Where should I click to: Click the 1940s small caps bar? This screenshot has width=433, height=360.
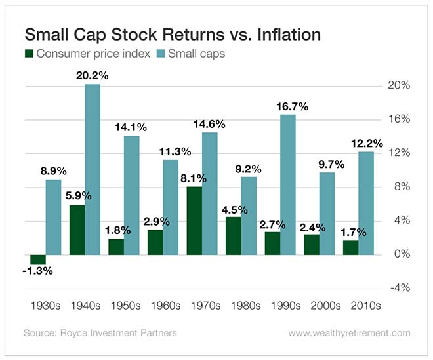pos(93,169)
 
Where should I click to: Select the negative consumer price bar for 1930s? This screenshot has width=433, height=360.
pos(37,259)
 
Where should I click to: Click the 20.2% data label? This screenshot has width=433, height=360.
pos(92,76)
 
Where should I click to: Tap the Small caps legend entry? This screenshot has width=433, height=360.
pos(194,53)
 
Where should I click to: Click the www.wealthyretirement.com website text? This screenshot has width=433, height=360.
pos(350,333)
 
